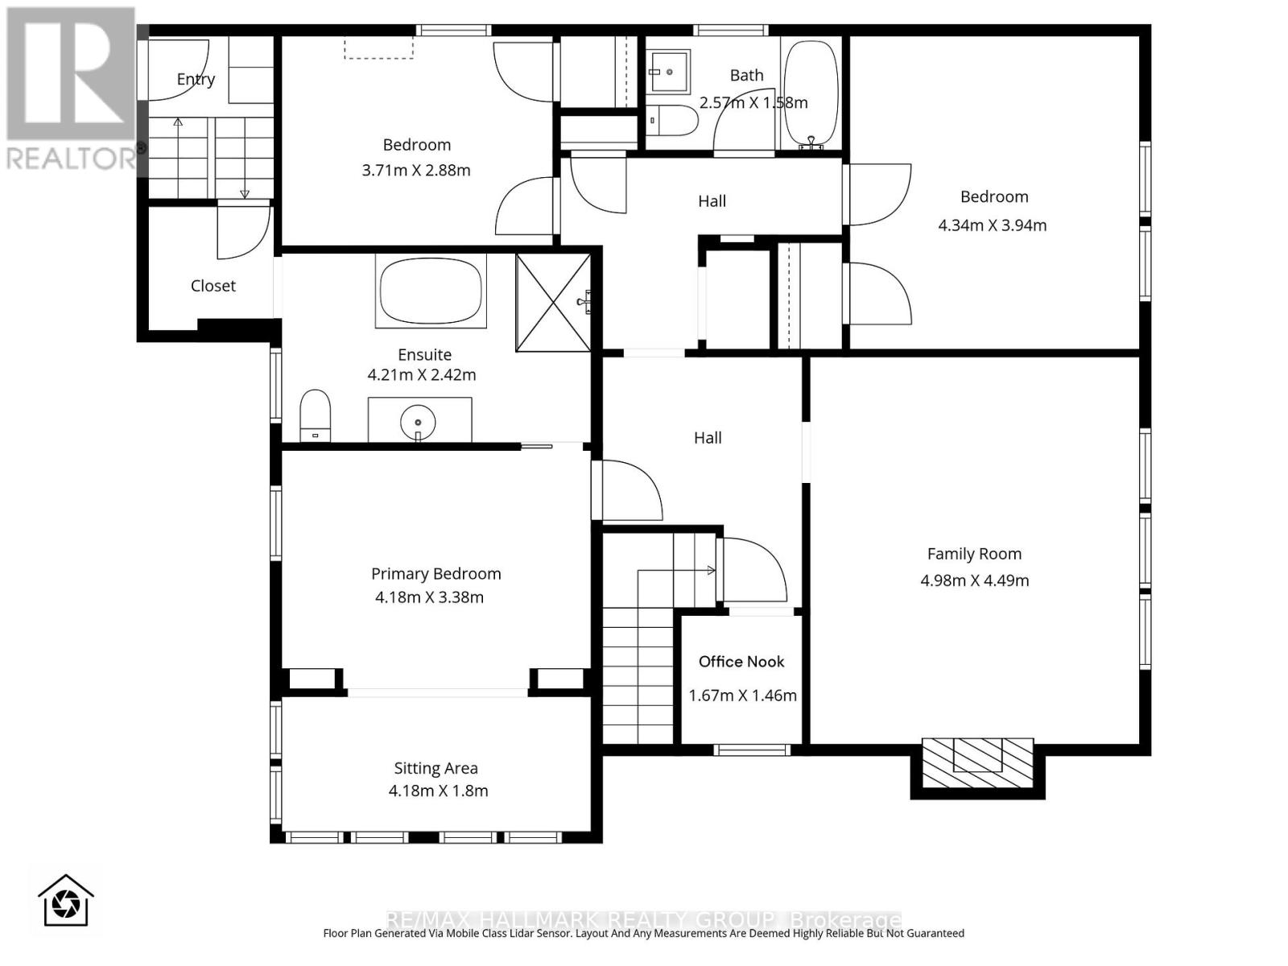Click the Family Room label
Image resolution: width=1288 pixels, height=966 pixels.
tap(974, 554)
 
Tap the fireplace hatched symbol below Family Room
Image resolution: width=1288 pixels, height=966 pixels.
tap(977, 763)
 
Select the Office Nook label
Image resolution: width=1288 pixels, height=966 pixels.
tap(741, 662)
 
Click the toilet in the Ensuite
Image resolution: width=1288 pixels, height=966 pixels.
tap(315, 415)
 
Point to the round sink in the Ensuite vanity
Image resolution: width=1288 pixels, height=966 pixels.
tap(418, 423)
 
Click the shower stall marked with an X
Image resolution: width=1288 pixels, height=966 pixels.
tap(554, 303)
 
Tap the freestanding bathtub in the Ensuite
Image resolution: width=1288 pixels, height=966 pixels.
tap(431, 291)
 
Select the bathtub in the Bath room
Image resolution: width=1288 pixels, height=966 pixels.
tap(811, 93)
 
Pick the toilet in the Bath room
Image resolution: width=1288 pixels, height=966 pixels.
tap(673, 121)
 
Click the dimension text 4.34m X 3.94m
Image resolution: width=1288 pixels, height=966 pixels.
tap(992, 225)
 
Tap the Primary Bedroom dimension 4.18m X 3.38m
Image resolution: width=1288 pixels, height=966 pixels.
tap(429, 597)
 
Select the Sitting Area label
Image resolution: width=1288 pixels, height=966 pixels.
tap(436, 769)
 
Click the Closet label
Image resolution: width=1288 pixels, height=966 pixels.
tap(213, 286)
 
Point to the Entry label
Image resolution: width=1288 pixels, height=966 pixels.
tap(196, 79)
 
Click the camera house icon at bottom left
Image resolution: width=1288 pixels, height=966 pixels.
tap(66, 902)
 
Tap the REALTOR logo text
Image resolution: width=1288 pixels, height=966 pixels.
tap(72, 158)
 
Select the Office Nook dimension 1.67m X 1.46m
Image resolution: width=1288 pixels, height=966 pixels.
tap(742, 696)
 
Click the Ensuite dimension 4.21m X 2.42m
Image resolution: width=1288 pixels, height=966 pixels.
tap(422, 375)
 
